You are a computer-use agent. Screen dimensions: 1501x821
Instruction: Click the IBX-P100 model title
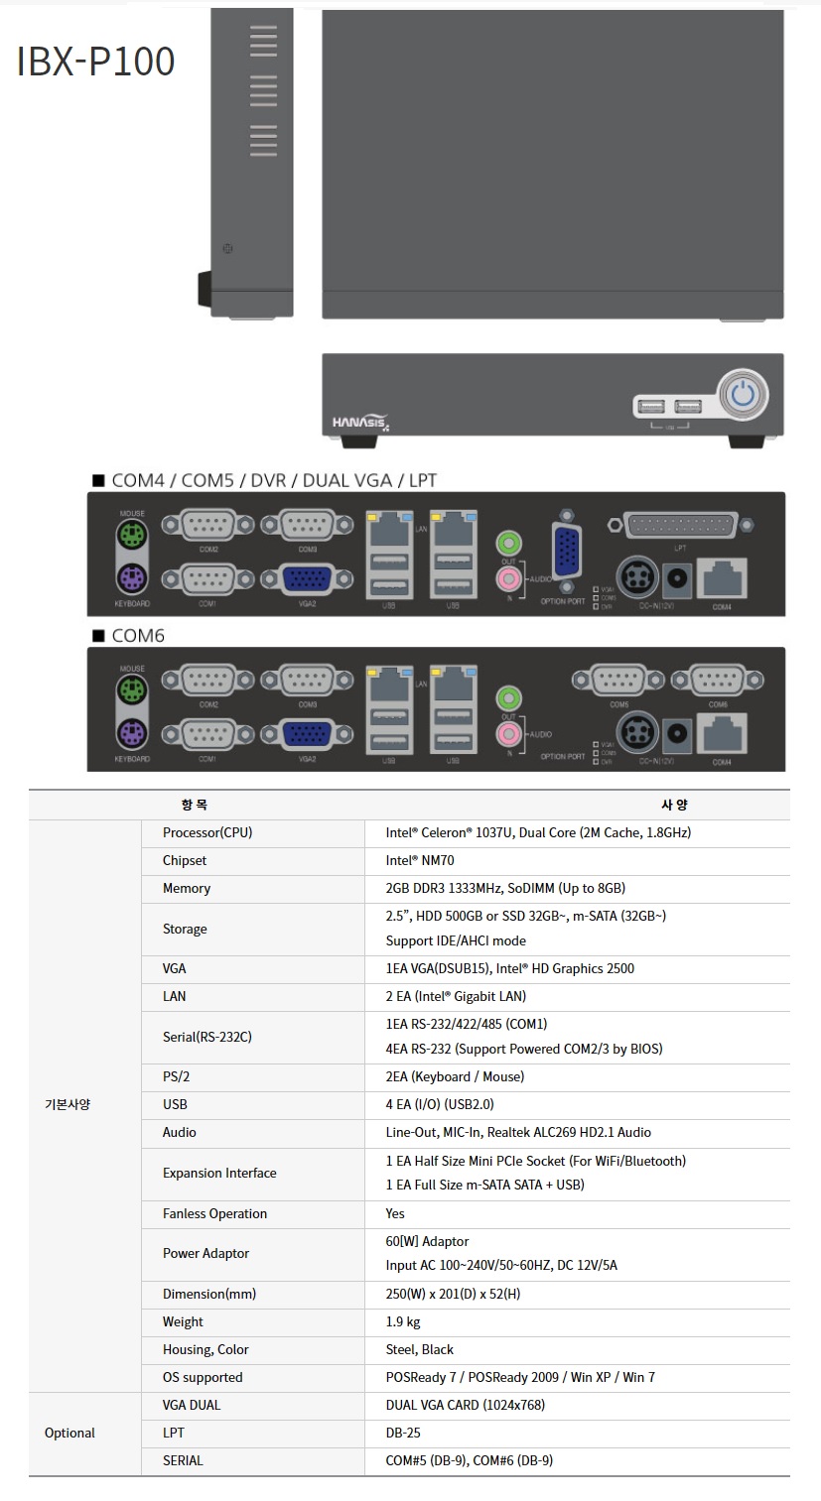point(96,62)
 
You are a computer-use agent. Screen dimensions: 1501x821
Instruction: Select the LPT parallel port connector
point(680,525)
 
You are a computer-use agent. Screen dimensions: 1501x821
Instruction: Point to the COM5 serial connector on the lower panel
point(619,681)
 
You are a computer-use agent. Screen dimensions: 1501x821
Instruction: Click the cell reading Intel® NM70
point(420,861)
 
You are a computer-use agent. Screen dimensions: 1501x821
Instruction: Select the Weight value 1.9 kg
point(403,1321)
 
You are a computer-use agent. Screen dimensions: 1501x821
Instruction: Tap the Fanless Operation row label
point(214,1213)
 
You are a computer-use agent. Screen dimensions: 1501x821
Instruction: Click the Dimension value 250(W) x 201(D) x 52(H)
point(453,1294)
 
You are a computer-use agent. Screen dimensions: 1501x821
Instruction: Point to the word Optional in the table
point(69,1433)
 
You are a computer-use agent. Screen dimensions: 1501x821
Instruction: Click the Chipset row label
point(185,861)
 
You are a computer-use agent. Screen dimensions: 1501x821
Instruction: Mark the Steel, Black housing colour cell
point(419,1349)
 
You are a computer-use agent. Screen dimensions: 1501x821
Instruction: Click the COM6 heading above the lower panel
point(138,636)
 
